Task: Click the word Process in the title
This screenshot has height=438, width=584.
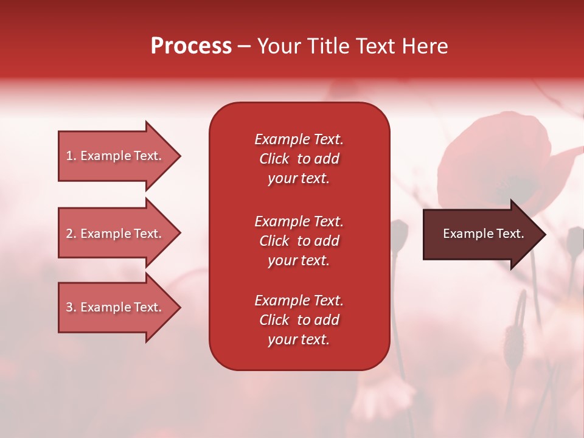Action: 191,46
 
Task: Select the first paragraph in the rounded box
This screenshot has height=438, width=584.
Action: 299,159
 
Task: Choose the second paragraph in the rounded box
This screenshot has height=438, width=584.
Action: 299,241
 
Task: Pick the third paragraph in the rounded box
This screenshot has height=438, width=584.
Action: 299,320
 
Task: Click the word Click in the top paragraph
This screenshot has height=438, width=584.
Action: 274,159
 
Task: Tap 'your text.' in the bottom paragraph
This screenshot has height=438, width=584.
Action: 299,339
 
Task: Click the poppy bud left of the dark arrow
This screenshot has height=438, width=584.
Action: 398,234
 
